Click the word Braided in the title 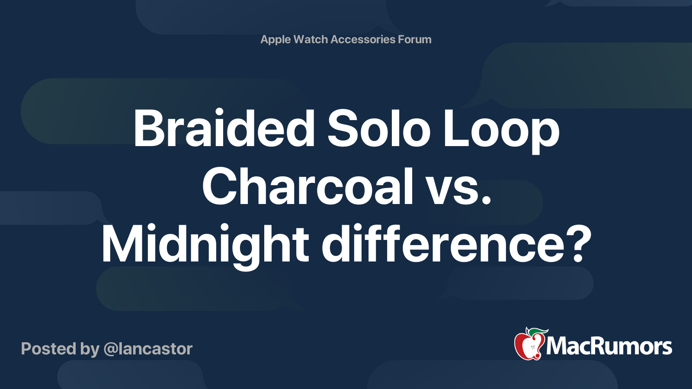(x=224, y=129)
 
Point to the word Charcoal (x=308, y=187)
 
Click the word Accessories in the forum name (x=363, y=39)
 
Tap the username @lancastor (x=148, y=349)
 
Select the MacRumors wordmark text (x=609, y=347)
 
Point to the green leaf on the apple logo (x=537, y=332)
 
